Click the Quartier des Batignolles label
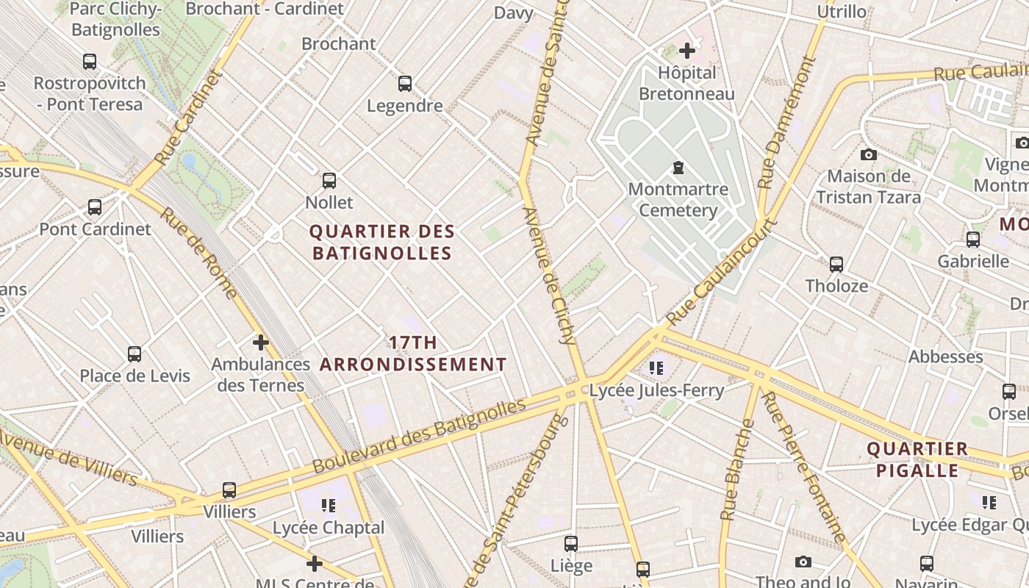coord(381,243)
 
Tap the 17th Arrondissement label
coord(413,354)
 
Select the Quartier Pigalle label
coord(917,459)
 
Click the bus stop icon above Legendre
coord(405,84)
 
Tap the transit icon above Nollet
coord(329,180)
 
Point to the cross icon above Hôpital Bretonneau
coord(687,51)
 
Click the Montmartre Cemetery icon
coord(678,168)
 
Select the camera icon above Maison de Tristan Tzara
coord(869,155)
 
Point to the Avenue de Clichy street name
coord(548,276)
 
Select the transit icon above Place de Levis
coord(135,354)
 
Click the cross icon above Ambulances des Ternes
coord(260,343)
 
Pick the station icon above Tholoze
coord(836,265)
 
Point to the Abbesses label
coord(946,357)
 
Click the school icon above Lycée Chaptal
coord(328,506)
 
